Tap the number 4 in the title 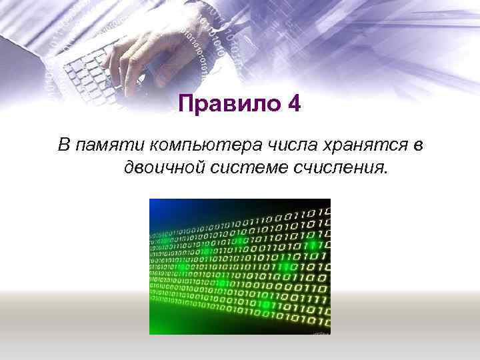coord(293,104)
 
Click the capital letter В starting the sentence coord(64,144)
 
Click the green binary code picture coord(240,267)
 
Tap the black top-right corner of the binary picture coord(323,204)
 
